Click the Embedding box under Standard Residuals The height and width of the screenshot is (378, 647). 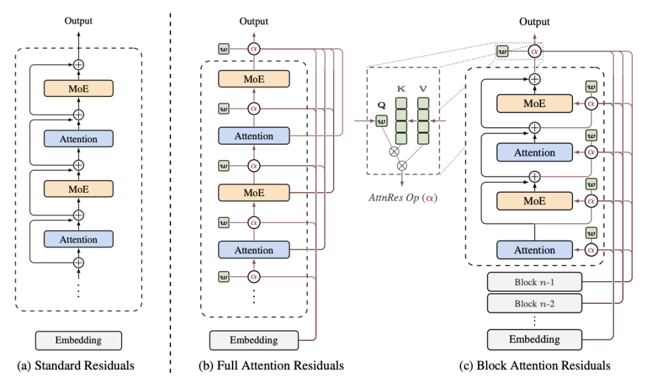78,340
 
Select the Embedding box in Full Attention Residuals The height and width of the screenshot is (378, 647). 254,340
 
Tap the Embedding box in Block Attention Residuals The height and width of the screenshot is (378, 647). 534,340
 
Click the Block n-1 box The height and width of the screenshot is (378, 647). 534,282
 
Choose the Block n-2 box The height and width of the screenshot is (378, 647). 534,304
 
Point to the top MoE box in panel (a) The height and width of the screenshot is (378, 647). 78,89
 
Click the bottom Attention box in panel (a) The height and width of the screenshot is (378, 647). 78,239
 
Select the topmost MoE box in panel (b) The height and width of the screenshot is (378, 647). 254,79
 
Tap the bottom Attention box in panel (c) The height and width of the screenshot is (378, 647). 534,250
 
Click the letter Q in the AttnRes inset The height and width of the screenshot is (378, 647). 381,105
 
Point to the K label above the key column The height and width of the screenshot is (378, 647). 400,89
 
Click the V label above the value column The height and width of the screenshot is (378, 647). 423,89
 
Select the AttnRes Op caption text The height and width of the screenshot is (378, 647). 403,197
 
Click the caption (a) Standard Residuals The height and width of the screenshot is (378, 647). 75,366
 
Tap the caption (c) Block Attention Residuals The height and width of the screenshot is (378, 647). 534,366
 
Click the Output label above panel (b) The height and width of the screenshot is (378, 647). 254,21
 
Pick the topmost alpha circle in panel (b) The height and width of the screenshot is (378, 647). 254,49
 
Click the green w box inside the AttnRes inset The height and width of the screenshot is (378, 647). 381,121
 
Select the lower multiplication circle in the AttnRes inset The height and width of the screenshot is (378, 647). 402,166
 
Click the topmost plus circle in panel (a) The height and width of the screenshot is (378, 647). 78,65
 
